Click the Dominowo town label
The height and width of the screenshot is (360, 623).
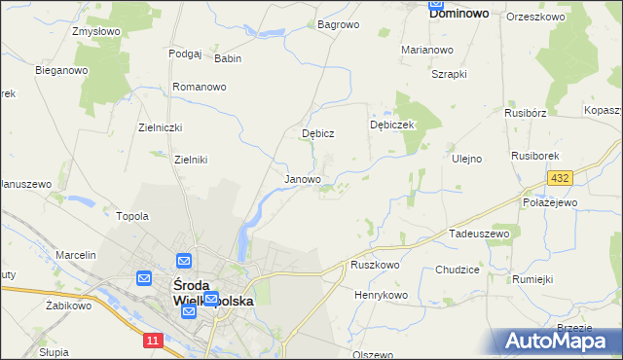[x=464, y=16]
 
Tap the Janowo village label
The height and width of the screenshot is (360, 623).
[x=302, y=179]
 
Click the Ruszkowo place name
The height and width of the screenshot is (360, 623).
[x=376, y=265]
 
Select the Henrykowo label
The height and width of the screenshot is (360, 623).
[x=380, y=294]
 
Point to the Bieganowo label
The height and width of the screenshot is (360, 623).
[x=61, y=70]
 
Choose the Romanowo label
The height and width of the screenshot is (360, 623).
[x=200, y=87]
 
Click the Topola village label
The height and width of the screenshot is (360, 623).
[x=132, y=216]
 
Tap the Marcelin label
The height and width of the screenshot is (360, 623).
[x=76, y=255]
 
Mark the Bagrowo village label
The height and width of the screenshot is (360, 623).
[x=339, y=23]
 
